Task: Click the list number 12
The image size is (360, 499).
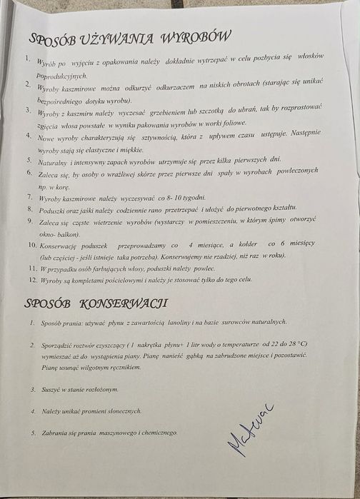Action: tap(32, 280)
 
